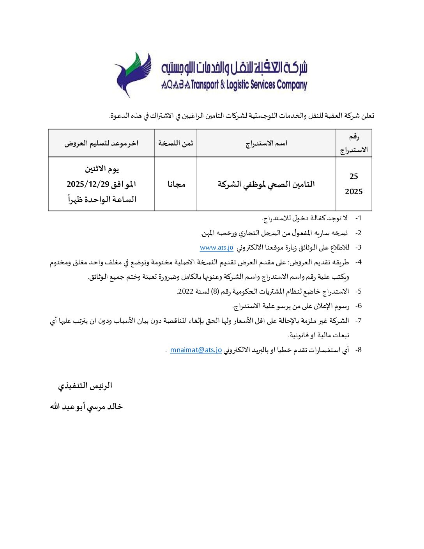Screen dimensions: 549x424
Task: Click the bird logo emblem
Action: point(132,74)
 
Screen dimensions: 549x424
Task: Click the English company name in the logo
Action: point(234,85)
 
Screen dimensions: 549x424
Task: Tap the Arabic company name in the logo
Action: point(234,68)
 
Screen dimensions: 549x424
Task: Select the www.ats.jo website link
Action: point(216,247)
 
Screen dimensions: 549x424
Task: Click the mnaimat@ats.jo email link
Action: point(196,350)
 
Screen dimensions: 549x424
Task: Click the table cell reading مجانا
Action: point(176,184)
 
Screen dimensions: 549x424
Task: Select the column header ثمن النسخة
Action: point(176,143)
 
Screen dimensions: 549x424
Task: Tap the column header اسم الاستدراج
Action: point(266,143)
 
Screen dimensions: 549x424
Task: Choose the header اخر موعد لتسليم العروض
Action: point(101,143)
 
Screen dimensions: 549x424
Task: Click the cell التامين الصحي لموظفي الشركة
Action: point(266,184)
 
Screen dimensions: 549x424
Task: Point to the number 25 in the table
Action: point(354,176)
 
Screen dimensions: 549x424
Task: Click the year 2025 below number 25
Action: point(354,191)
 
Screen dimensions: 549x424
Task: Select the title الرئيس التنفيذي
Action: point(85,386)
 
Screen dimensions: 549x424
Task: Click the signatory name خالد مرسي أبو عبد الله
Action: point(87,407)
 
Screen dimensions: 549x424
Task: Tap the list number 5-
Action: point(358,291)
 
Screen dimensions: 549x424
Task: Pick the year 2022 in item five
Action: point(185,291)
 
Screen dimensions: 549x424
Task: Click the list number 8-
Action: point(358,350)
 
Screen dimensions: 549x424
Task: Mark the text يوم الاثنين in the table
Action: point(102,169)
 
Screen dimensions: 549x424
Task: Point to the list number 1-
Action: point(358,218)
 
